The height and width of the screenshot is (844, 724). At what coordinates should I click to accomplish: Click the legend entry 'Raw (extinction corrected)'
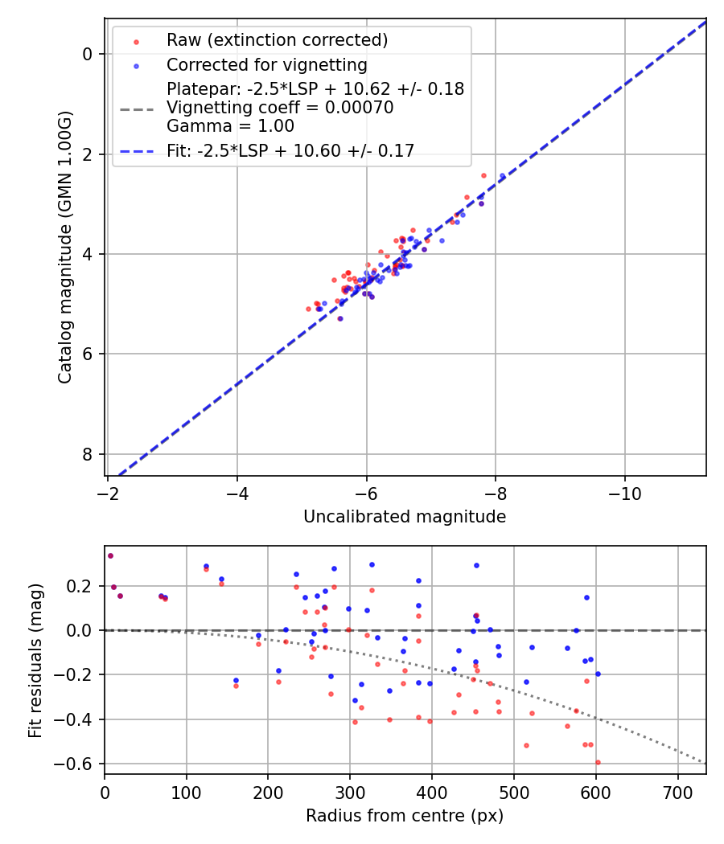[x=277, y=40]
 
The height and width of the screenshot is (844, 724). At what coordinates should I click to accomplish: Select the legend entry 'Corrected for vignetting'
[x=266, y=65]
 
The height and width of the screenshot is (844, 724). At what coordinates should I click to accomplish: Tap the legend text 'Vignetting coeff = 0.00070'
[x=280, y=108]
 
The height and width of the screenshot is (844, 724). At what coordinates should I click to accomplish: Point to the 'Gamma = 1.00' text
[x=230, y=126]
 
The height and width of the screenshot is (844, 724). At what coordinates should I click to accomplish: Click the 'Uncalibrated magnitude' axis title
[x=405, y=517]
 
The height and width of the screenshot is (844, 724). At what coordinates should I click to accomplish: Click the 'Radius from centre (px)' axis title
[x=405, y=816]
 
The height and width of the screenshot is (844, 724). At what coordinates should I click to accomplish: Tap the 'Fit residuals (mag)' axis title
[x=35, y=661]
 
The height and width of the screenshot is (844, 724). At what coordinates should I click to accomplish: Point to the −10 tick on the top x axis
[x=625, y=493]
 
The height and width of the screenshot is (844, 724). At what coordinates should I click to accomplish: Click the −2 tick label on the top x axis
[x=109, y=493]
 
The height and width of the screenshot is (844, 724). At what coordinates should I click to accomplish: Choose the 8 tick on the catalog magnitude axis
[x=88, y=454]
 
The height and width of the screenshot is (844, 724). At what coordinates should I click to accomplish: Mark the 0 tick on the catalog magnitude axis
[x=88, y=54]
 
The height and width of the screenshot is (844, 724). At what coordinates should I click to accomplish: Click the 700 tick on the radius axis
[x=677, y=792]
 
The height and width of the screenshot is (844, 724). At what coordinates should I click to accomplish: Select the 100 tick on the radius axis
[x=187, y=792]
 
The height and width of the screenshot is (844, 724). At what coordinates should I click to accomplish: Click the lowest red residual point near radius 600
[x=598, y=762]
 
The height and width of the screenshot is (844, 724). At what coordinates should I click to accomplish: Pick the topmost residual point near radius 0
[x=110, y=555]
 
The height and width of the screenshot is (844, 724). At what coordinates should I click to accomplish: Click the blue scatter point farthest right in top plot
[x=503, y=176]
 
